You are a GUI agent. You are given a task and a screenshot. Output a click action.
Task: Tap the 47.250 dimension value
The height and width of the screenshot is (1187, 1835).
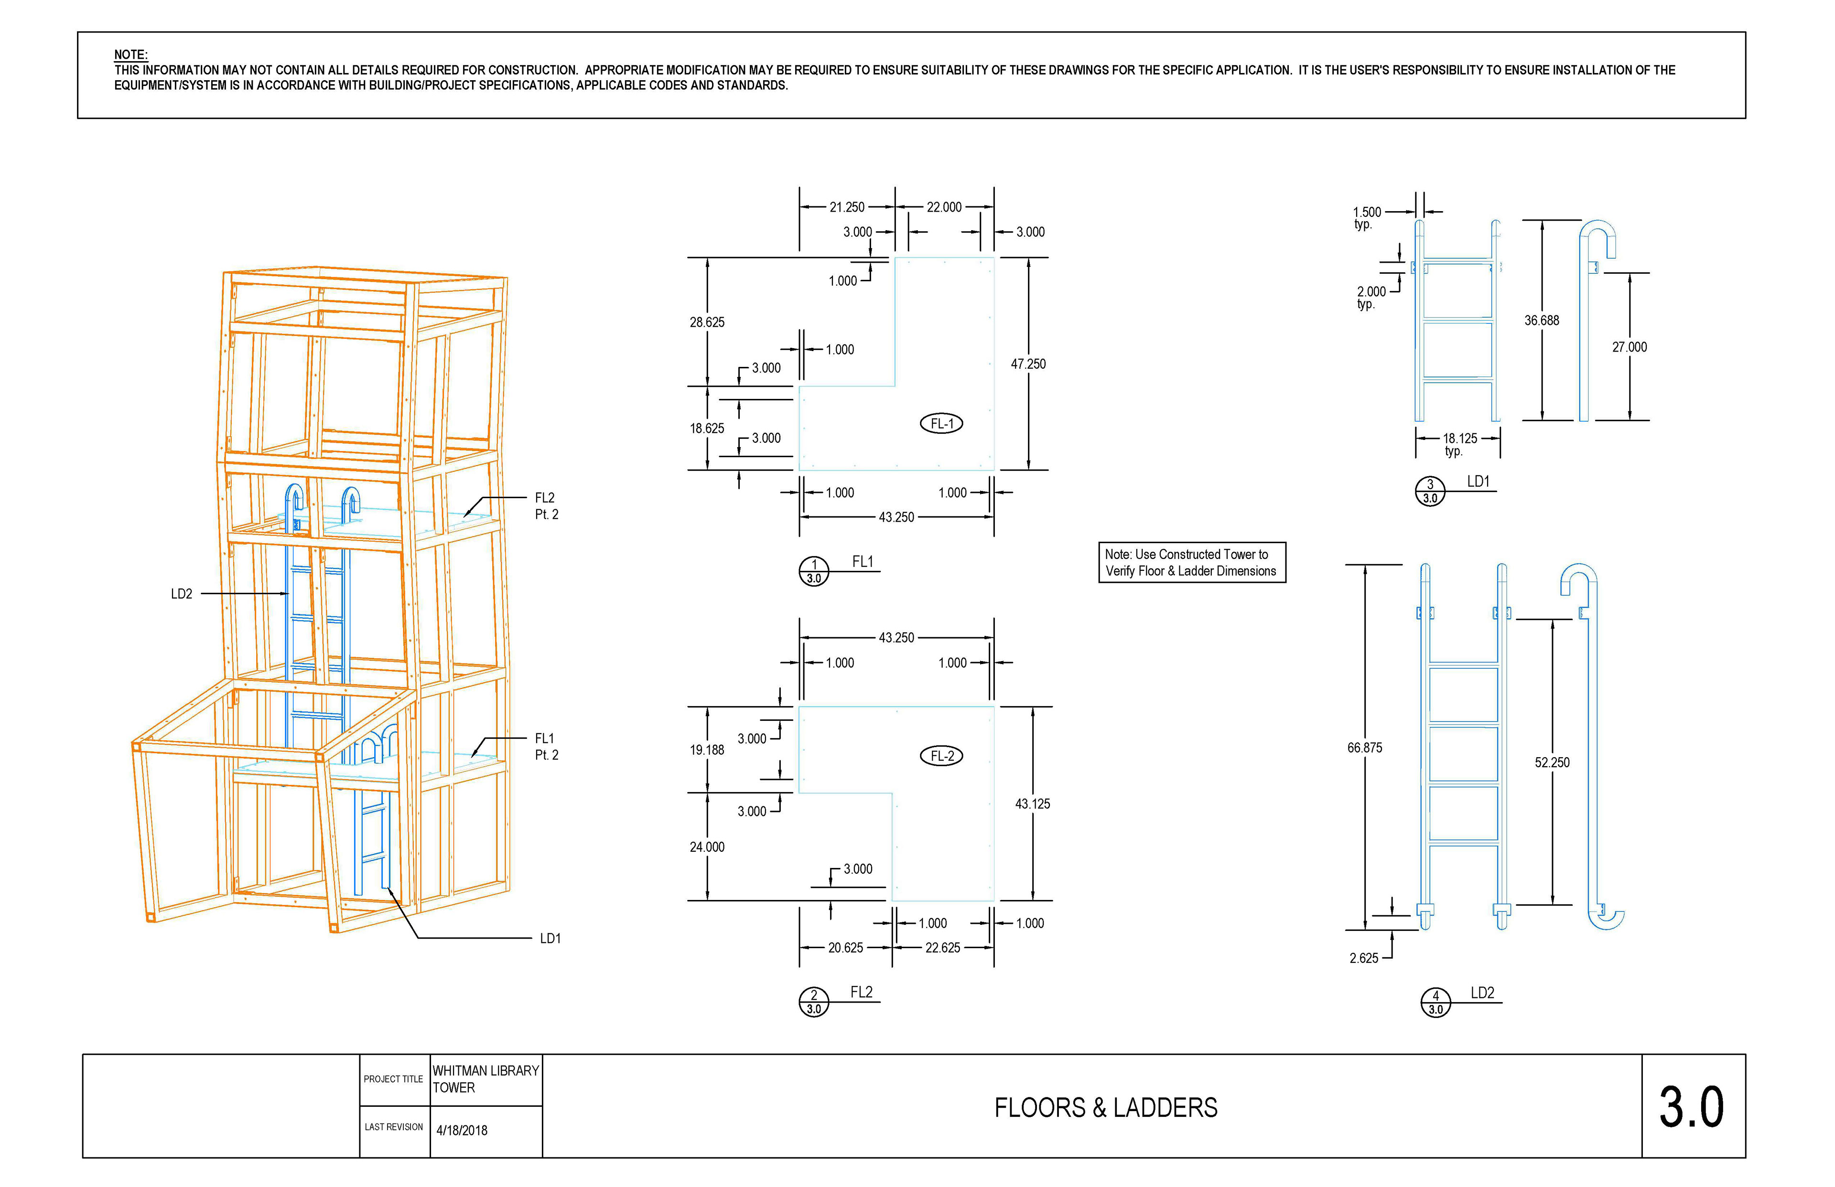[x=1028, y=364]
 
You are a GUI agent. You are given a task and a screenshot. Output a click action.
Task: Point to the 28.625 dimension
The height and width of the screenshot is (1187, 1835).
[x=707, y=322]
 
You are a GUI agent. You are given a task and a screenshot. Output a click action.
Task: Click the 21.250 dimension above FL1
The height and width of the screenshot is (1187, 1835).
[x=847, y=207]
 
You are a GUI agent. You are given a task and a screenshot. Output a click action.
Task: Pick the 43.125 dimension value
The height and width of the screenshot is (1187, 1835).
[x=1032, y=804]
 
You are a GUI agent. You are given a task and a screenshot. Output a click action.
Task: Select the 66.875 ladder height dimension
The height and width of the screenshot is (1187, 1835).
[x=1365, y=748]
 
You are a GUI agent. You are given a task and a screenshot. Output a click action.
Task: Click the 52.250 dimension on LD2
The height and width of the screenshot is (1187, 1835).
[x=1552, y=762]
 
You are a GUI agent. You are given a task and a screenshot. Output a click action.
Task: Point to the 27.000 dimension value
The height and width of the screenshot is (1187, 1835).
[x=1629, y=348]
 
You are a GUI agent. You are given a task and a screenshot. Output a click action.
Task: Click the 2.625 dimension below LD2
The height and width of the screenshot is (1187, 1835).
[x=1363, y=958]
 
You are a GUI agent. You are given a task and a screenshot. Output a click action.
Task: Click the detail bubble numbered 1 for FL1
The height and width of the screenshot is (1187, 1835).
[x=813, y=571]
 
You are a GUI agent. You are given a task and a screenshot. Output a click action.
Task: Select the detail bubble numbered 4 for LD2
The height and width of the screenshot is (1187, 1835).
[x=1436, y=1003]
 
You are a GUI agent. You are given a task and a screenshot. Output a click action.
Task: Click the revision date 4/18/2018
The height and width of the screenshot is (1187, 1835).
[x=462, y=1131]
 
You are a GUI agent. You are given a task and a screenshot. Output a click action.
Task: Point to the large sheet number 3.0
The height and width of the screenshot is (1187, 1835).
[x=1692, y=1108]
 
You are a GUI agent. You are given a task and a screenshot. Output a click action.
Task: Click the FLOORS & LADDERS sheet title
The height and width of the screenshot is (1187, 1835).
[x=1106, y=1108]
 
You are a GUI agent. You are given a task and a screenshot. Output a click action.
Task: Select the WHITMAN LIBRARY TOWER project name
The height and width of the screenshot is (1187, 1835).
[x=486, y=1079]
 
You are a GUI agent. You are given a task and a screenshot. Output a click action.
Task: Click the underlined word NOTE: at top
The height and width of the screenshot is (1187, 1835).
[x=130, y=55]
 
